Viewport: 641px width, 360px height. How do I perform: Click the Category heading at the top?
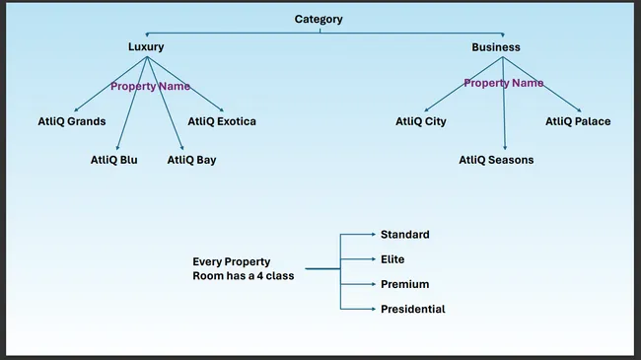(x=320, y=19)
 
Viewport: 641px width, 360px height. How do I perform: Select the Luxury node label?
(x=146, y=46)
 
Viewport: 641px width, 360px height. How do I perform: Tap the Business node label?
(x=495, y=46)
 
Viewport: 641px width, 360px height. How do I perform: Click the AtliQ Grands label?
(x=65, y=121)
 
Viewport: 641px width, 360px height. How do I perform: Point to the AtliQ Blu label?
(x=113, y=159)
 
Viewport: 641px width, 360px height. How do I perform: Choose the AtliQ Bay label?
(x=191, y=159)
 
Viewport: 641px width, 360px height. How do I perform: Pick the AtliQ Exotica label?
(x=222, y=121)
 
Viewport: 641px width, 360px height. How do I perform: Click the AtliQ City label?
(x=421, y=121)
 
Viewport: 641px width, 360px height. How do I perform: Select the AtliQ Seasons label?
(x=496, y=159)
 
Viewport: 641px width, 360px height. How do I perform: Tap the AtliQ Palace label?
(x=578, y=121)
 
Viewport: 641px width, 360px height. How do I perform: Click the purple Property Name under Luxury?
(x=150, y=87)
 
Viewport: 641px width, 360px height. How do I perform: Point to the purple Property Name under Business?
(x=503, y=83)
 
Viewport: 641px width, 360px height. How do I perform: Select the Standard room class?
(x=404, y=234)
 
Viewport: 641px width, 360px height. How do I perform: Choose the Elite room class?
(x=392, y=259)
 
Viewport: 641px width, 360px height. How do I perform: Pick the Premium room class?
(x=404, y=284)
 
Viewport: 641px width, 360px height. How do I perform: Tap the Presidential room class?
(x=412, y=309)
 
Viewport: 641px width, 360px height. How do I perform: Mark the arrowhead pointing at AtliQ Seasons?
(x=506, y=146)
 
